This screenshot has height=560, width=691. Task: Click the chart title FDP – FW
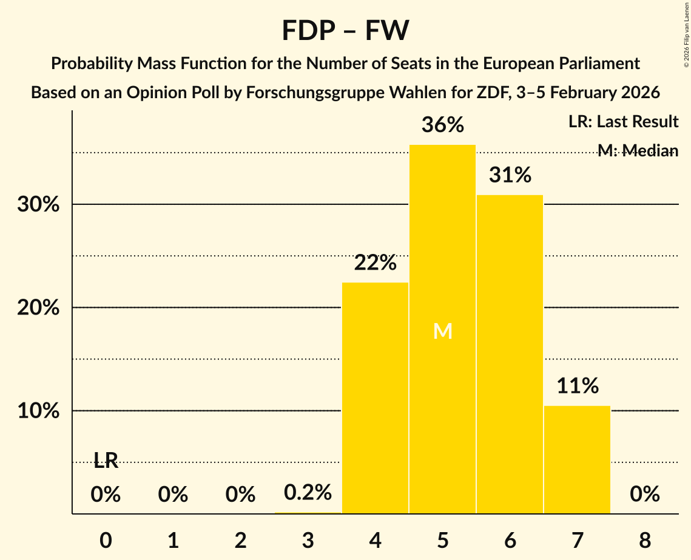[x=345, y=30]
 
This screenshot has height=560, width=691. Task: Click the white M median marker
[x=443, y=331]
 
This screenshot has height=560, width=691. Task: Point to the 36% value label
[x=443, y=125]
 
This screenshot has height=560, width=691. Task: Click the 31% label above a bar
[x=510, y=176]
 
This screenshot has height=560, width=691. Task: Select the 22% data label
[x=376, y=263]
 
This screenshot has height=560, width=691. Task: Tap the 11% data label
[x=578, y=385]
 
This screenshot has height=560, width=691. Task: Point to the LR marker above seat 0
[x=106, y=461]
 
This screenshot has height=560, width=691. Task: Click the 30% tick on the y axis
[x=38, y=205]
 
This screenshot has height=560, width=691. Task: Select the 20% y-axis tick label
[x=38, y=308]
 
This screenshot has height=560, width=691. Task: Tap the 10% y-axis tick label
[x=38, y=411]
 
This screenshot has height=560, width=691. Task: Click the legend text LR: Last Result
[x=623, y=122]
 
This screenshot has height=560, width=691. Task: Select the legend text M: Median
[x=638, y=151]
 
